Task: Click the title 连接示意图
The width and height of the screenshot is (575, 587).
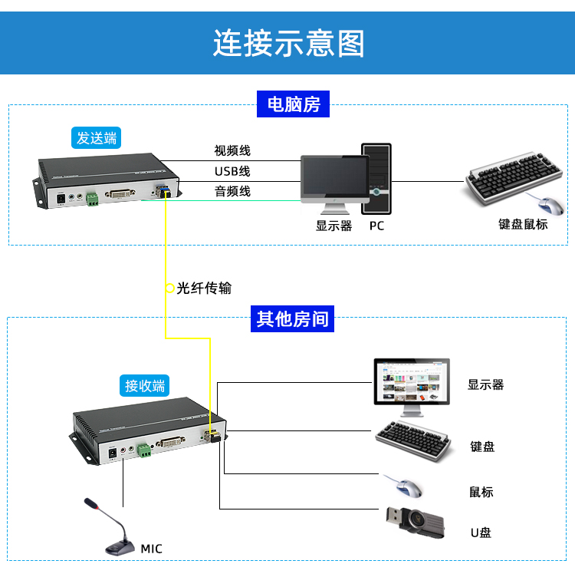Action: click(x=288, y=43)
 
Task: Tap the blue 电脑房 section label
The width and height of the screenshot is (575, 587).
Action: click(x=293, y=104)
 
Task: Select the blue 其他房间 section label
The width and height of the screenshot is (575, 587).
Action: click(x=293, y=318)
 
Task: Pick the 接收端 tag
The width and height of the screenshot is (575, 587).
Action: click(x=146, y=385)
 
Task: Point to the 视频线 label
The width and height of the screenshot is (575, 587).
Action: click(x=232, y=150)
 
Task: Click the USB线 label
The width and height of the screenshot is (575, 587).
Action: click(x=232, y=170)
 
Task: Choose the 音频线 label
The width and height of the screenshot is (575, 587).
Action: click(x=232, y=191)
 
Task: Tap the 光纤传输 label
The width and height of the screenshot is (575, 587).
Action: click(x=203, y=289)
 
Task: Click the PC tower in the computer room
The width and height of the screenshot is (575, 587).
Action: click(x=376, y=178)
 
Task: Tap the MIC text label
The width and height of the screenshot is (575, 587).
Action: click(x=151, y=549)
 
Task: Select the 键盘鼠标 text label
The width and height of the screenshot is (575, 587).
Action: click(x=523, y=224)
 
